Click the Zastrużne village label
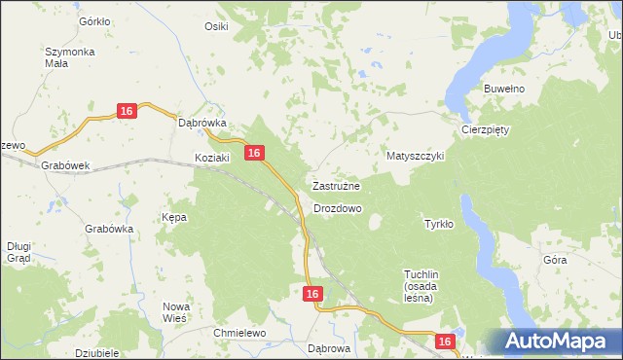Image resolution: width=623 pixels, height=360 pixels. [337, 185]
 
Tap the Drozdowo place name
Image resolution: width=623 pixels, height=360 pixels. [338, 208]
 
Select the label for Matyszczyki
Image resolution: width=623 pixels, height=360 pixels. [415, 156]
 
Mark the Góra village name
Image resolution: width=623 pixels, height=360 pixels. [555, 261]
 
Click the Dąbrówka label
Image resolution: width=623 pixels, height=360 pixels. [202, 124]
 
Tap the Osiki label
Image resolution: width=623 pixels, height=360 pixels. [216, 26]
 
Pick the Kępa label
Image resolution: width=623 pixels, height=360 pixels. [174, 217]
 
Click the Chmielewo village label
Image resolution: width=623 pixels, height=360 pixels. [239, 333]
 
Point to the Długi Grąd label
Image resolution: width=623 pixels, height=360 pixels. [18, 252]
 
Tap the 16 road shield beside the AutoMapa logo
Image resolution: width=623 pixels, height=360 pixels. [445, 342]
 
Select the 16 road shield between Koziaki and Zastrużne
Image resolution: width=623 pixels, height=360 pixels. [254, 153]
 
